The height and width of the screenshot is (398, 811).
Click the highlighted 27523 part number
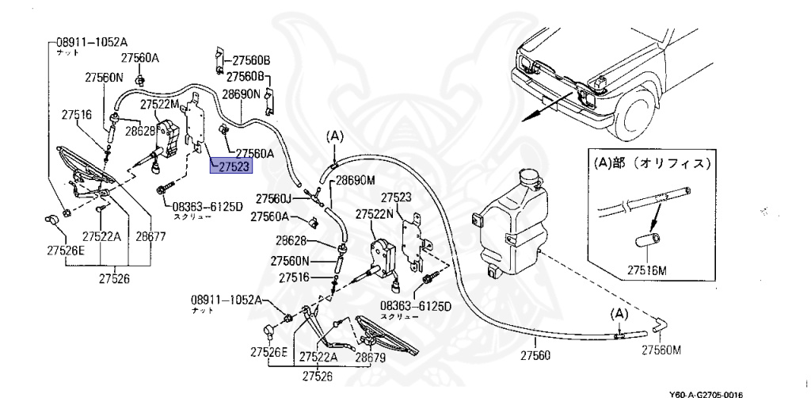[x=230, y=166]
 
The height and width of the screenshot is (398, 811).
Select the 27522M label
[x=160, y=104]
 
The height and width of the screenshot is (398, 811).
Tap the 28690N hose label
[x=241, y=94]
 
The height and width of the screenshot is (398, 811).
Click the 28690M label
[x=355, y=181]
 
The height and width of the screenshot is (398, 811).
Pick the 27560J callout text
[x=274, y=198]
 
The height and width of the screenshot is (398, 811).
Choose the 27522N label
[x=375, y=214]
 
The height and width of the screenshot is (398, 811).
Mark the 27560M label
[x=661, y=350]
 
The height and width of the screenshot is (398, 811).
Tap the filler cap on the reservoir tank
[x=524, y=175]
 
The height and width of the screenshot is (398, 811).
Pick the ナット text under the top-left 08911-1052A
[x=67, y=50]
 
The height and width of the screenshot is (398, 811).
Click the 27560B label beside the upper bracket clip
[x=251, y=60]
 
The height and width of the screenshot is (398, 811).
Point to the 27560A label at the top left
[x=139, y=58]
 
